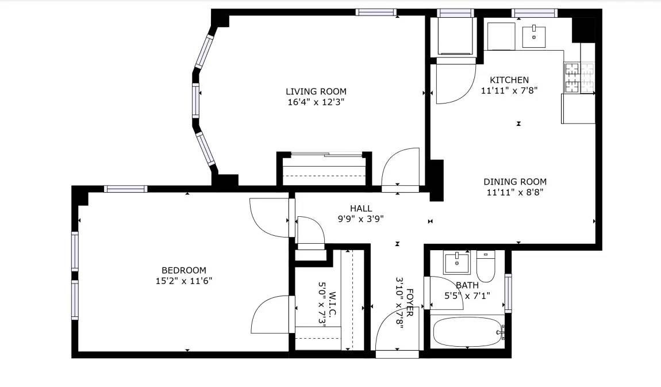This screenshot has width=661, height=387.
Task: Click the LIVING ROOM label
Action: point(316,91)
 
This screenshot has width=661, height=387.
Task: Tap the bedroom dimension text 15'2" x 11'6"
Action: point(184,281)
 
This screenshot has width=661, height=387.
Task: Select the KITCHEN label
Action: point(509,80)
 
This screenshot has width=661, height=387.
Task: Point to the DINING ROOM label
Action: point(515,182)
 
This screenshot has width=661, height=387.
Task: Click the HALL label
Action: point(361,208)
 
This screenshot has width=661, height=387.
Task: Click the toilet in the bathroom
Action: point(486,266)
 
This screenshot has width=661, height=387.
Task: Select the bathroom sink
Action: point(456,263)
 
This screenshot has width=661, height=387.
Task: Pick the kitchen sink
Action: point(534,36)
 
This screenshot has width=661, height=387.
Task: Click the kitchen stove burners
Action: point(579,78)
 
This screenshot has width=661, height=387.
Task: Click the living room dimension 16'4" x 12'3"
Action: point(316,102)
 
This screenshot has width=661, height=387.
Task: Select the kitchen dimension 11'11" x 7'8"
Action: point(509,90)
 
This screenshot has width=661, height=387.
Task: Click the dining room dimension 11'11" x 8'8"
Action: point(515,192)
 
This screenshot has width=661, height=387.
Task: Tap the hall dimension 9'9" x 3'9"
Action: point(361,219)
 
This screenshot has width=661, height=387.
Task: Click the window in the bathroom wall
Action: point(508,293)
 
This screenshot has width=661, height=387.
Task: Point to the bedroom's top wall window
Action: point(126,189)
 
